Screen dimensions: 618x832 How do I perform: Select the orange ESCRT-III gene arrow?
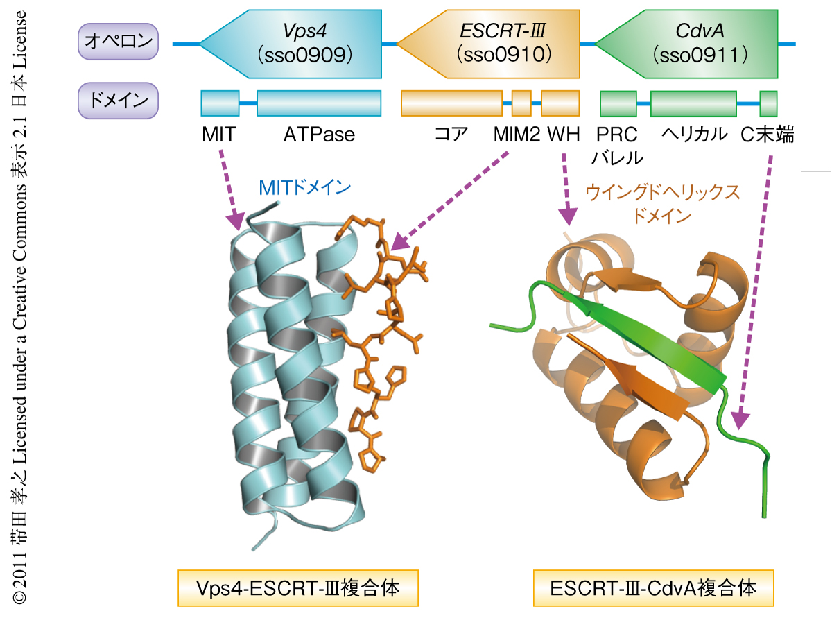[492, 44]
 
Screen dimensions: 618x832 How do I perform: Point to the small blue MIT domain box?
[220, 103]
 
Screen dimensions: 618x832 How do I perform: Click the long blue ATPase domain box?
[319, 103]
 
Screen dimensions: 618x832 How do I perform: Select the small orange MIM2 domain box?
[521, 103]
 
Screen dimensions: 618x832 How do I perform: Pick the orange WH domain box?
[560, 103]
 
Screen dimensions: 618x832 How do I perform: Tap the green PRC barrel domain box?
[618, 103]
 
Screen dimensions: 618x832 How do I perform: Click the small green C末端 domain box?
[768, 103]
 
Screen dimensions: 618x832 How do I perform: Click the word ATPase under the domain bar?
[319, 133]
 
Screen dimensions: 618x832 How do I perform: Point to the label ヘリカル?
[693, 133]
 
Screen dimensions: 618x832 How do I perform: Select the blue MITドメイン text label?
[304, 187]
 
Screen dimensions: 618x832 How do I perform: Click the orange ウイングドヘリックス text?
[662, 192]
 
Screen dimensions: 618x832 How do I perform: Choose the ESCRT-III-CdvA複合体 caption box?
[652, 588]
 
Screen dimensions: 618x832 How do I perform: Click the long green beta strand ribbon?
[645, 333]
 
